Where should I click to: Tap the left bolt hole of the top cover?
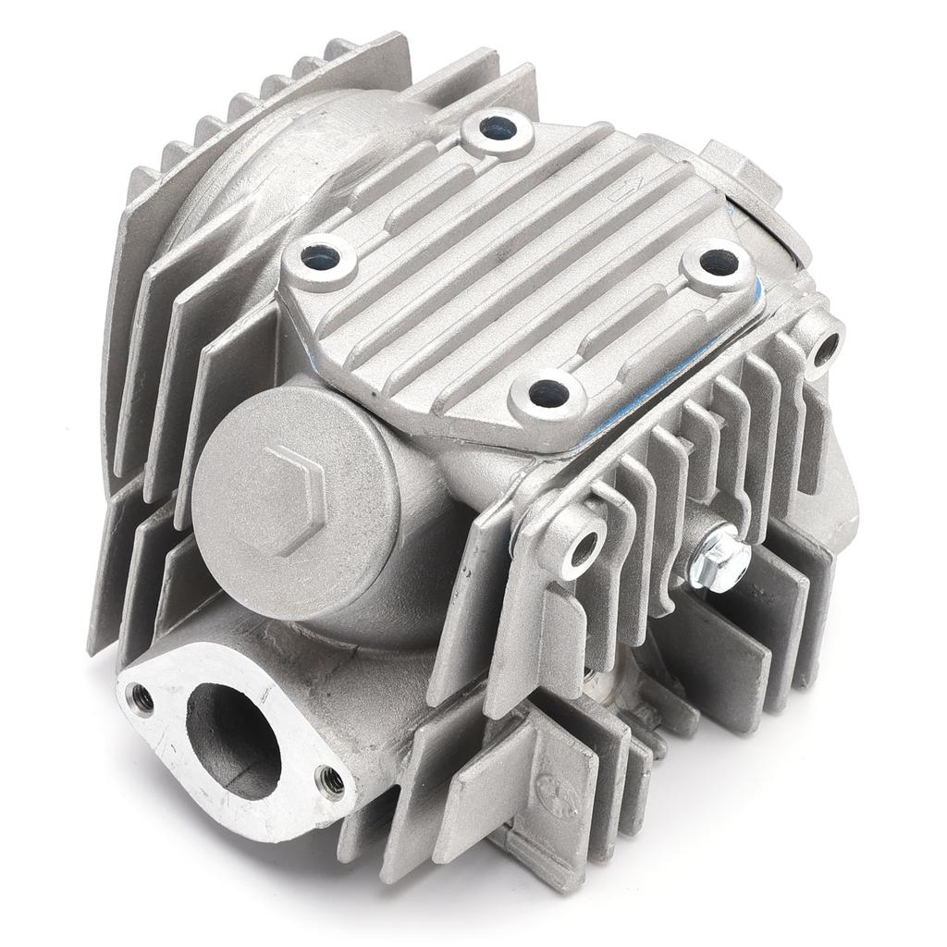click(320, 259)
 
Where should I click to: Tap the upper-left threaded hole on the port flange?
click(141, 698)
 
